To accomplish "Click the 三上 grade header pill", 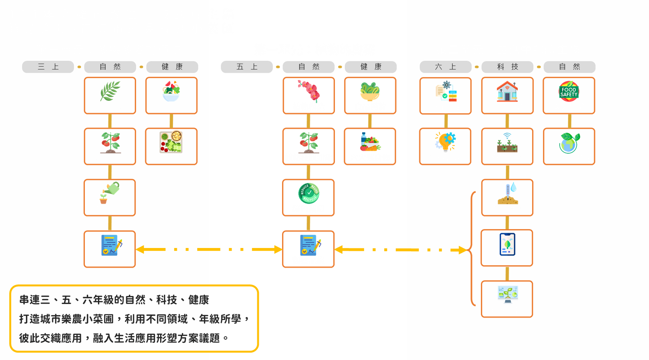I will point(48,67).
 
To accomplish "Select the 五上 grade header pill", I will point(247,67).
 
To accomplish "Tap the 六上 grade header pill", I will point(445,67).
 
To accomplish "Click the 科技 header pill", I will point(507,67).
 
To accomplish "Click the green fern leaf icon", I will point(110,91).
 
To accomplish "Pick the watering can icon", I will point(110,193).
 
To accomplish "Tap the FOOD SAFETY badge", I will point(569,92).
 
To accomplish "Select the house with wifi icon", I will point(507,92).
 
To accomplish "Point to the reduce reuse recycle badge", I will point(308,193).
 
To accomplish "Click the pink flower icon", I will point(308,90).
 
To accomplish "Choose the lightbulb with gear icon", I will point(445,142).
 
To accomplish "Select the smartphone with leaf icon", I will point(507,244).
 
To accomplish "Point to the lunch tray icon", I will point(171,142).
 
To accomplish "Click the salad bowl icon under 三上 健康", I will point(171,91).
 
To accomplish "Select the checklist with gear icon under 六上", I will point(446,92).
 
